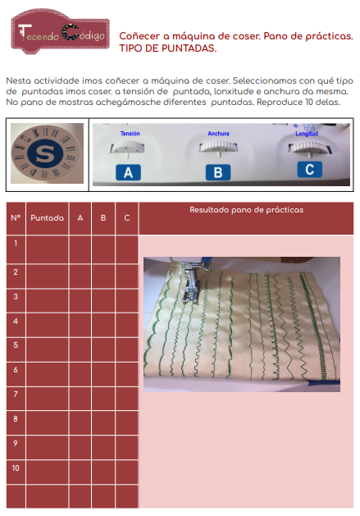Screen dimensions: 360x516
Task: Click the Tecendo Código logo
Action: (60, 32)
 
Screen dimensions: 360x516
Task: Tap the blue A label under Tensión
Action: (128, 172)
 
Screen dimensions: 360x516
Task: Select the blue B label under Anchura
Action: (218, 172)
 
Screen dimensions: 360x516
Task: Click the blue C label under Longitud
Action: (309, 170)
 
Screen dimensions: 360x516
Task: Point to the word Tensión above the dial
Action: (130, 133)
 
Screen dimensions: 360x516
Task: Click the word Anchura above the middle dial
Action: (218, 133)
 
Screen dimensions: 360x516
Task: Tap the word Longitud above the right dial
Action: (307, 133)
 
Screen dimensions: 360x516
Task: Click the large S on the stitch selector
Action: (45, 153)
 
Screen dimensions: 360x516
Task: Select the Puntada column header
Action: (47, 218)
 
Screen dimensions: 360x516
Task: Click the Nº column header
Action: (16, 218)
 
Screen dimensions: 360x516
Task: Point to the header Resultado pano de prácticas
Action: (247, 210)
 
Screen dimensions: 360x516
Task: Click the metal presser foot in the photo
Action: (191, 281)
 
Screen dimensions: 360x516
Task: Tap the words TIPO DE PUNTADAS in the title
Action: (168, 48)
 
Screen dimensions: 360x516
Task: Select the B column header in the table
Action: (103, 218)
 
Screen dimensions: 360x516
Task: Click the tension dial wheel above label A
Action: (127, 147)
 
